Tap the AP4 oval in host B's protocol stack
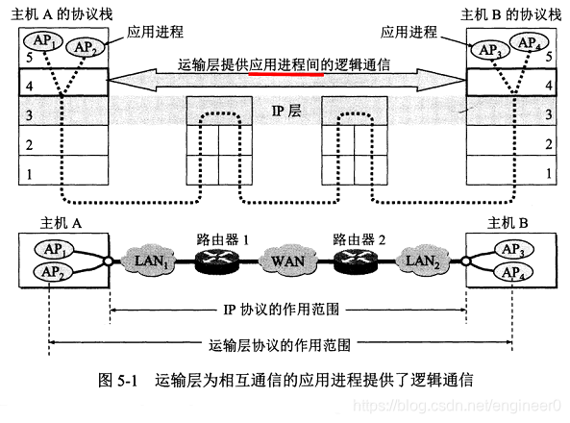tap(527, 43)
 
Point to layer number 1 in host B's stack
tap(547, 175)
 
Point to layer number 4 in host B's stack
tap(547, 87)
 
